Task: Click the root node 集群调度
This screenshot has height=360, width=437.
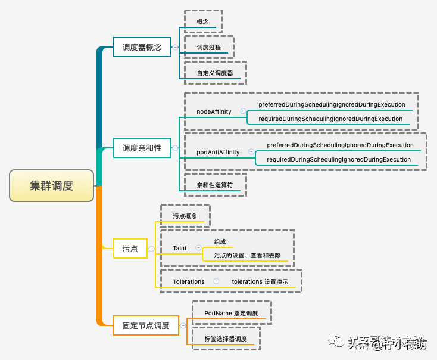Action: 52,185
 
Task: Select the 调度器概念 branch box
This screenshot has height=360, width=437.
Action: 142,46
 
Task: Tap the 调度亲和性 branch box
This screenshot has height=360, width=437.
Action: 142,148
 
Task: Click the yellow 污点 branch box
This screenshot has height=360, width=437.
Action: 130,249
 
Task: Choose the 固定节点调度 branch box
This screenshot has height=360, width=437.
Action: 146,325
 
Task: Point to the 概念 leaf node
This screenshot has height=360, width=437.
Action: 202,21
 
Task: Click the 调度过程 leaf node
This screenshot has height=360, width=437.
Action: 209,47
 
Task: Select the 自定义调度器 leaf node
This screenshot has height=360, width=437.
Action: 215,73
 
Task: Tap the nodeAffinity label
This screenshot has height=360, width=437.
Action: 214,111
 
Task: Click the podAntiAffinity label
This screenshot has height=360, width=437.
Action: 218,152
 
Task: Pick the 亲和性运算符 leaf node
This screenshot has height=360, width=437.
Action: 215,185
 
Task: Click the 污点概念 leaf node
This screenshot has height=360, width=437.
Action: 185,216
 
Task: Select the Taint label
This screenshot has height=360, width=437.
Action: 180,248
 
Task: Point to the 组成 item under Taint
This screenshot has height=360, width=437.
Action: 220,241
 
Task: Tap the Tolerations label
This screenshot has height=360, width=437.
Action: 189,281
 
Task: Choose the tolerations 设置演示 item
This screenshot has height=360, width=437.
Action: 261,281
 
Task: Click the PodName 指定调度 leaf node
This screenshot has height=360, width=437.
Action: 231,313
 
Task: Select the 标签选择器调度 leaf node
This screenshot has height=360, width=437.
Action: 225,339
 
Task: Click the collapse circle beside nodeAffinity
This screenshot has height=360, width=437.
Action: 243,111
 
